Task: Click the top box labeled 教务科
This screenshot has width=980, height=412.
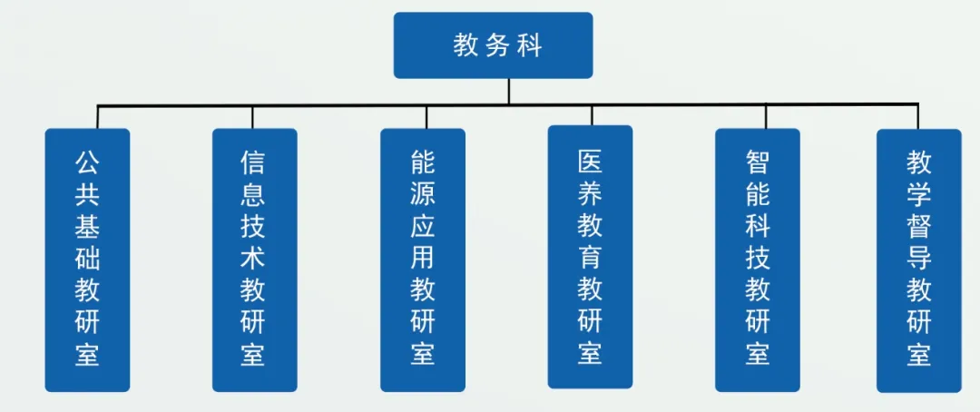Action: [493, 45]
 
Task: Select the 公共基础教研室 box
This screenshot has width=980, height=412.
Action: [87, 260]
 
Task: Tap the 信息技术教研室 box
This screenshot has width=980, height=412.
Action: [254, 260]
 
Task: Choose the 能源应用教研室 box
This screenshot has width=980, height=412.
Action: [423, 260]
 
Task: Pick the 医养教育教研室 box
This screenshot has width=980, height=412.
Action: [591, 257]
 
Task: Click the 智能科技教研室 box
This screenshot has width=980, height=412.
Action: [758, 260]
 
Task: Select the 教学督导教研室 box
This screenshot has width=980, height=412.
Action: [919, 260]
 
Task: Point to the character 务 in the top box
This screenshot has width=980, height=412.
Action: [497, 45]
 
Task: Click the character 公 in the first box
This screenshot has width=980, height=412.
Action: [87, 162]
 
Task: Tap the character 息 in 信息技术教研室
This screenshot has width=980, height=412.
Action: [253, 194]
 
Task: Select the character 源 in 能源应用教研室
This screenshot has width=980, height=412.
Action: [423, 194]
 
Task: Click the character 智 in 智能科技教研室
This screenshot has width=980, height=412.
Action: [758, 162]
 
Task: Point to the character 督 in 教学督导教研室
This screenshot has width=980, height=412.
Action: [919, 226]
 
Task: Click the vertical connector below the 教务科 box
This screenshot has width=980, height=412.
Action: [508, 91]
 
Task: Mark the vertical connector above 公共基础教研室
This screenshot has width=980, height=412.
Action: [98, 116]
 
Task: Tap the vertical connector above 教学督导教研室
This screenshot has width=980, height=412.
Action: [918, 116]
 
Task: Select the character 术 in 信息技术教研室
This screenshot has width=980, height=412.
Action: [253, 258]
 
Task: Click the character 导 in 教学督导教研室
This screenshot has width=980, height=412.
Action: [919, 258]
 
